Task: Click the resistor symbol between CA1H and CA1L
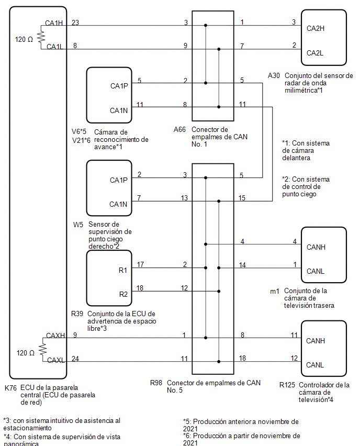coord(41,37)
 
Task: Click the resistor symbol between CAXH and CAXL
coord(43,349)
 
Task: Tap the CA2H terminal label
coord(316,28)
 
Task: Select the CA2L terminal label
coord(315,53)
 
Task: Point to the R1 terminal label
coord(123,270)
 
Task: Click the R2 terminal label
coord(123,294)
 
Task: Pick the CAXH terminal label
coord(55,336)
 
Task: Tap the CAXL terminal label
coord(56,360)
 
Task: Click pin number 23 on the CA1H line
coord(75,23)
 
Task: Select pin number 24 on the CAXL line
coord(75,359)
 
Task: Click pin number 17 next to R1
coord(140,264)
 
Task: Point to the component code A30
coord(274,75)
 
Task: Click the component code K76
coord(10,388)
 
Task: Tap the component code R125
coord(287,385)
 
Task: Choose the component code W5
coord(78,225)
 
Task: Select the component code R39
coord(77,314)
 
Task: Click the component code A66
coord(179,129)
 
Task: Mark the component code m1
coord(274,291)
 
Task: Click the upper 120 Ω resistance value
coord(24,39)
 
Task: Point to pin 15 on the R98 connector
coord(242,198)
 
